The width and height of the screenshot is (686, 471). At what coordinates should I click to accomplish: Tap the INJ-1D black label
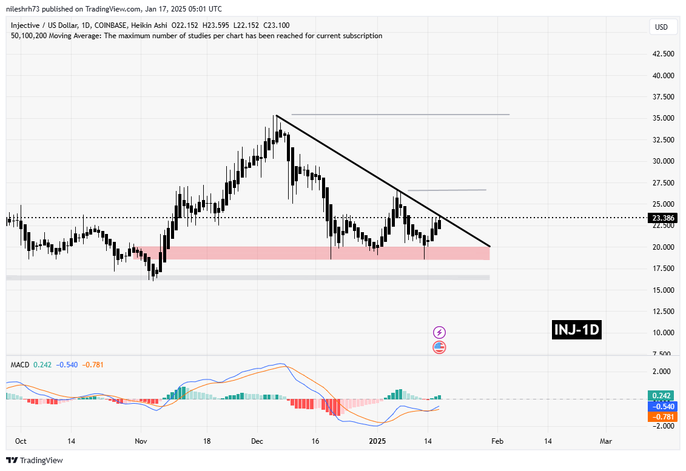coord(577,330)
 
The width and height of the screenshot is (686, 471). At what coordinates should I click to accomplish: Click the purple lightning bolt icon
coord(440,332)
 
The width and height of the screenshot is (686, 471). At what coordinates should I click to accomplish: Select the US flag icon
coord(440,347)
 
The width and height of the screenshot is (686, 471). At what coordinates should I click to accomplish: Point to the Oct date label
coord(20,441)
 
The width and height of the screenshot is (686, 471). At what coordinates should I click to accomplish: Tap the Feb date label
coord(496,441)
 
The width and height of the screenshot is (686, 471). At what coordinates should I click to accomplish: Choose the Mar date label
coord(605,441)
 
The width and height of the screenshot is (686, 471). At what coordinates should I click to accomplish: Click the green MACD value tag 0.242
coord(659,395)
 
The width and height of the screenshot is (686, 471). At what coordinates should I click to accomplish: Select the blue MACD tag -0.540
coord(659,406)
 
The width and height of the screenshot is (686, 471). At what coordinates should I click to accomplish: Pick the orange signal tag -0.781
coord(659,416)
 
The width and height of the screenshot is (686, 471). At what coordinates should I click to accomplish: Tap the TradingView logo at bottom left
coord(35,460)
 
